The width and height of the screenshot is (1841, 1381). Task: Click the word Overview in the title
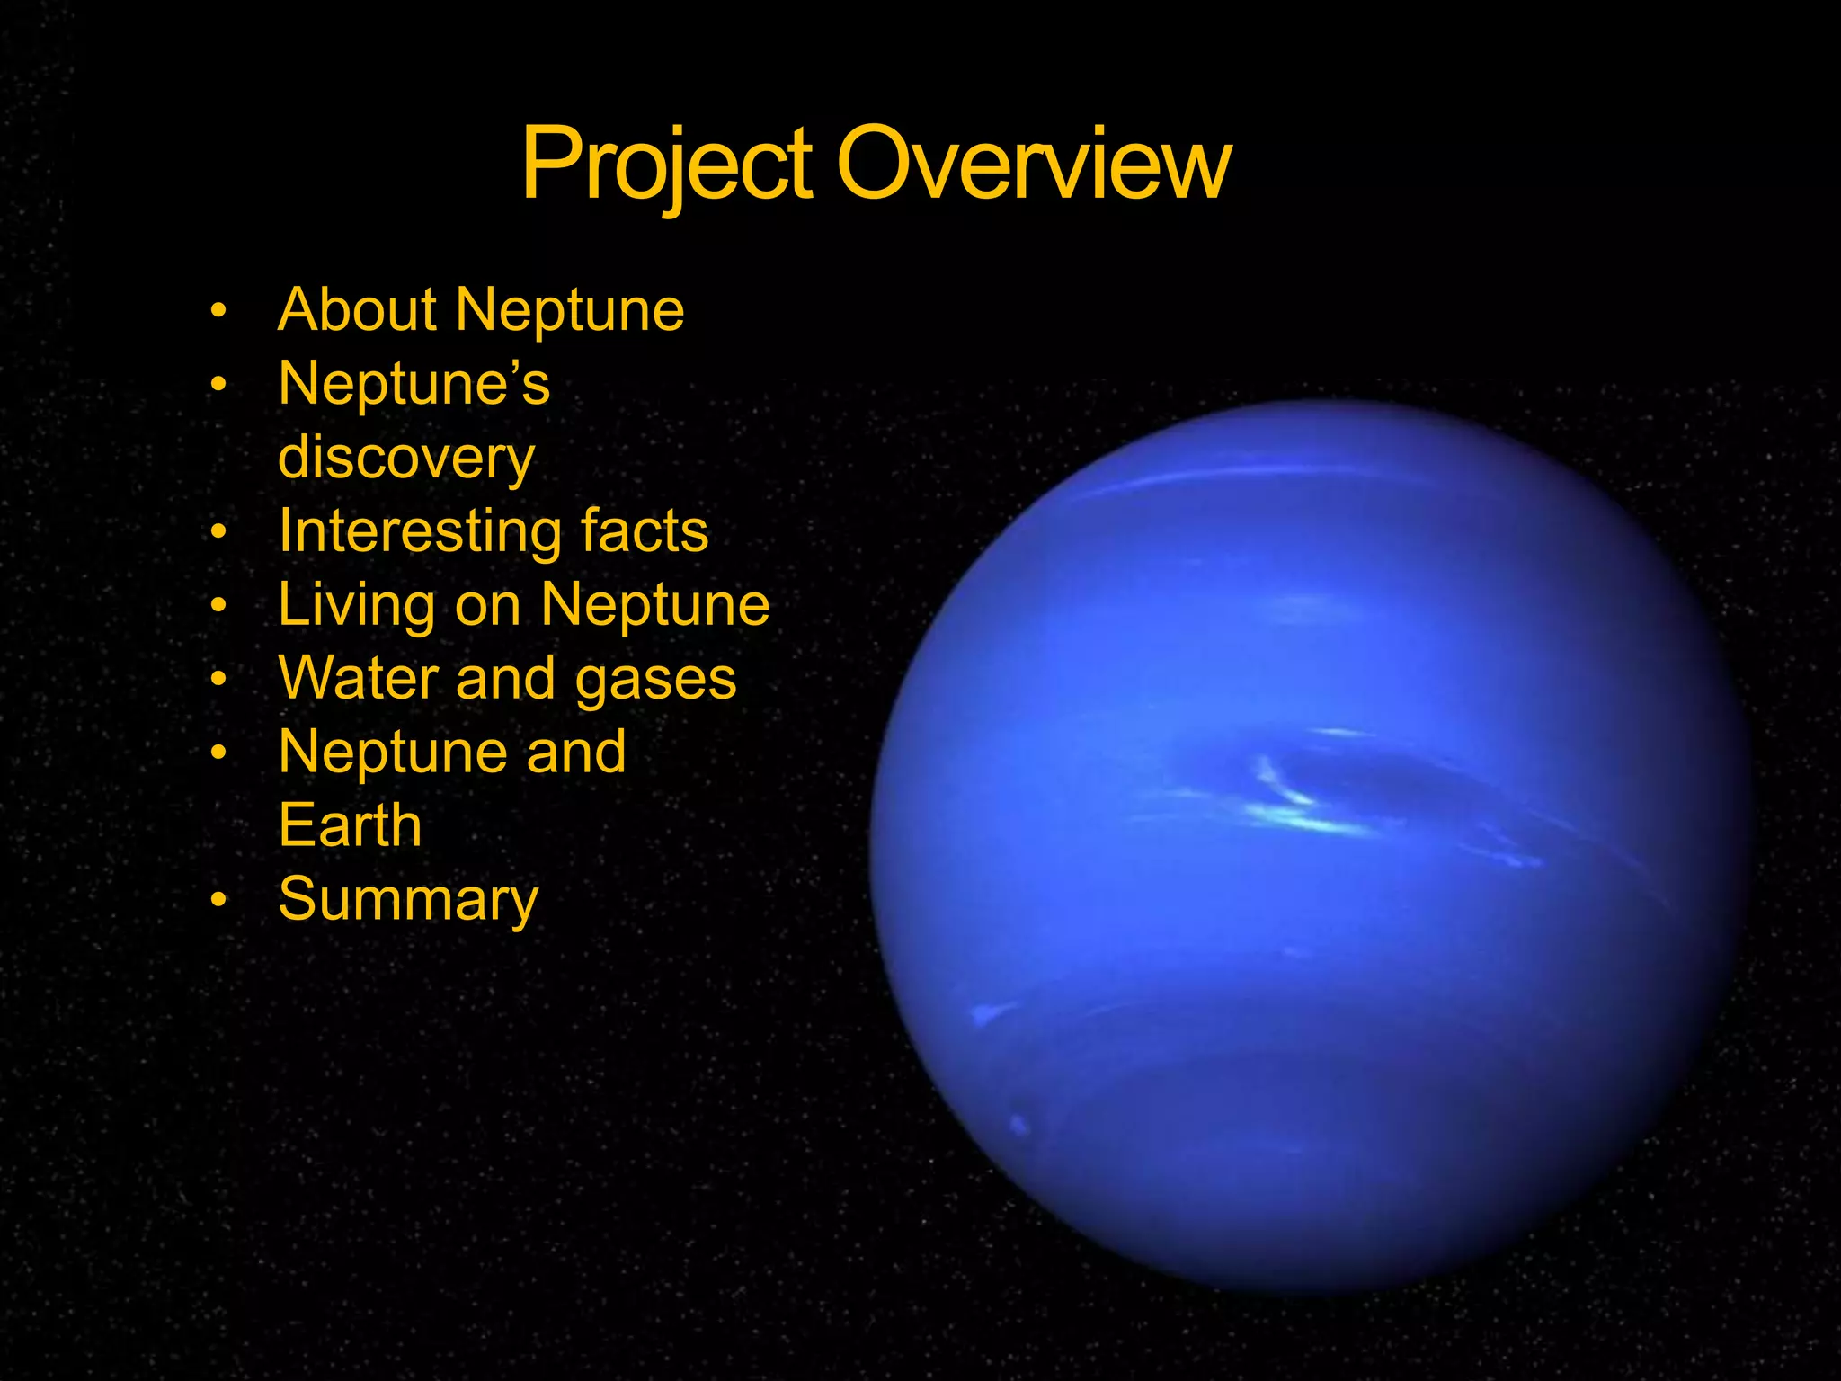pos(1034,165)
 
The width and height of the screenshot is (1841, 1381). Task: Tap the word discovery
pos(406,459)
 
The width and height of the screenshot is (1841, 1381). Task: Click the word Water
pos(359,678)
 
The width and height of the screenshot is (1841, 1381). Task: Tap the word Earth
pos(350,825)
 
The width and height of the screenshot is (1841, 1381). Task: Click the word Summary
pos(408,899)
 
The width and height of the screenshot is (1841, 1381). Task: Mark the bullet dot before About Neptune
pos(218,311)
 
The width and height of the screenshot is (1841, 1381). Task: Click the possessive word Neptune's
pos(414,384)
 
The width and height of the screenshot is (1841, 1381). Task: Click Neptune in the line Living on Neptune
pos(655,605)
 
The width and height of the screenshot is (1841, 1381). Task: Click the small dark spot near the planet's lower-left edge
pos(1019,1124)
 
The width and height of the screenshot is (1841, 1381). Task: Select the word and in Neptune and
pos(576,752)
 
